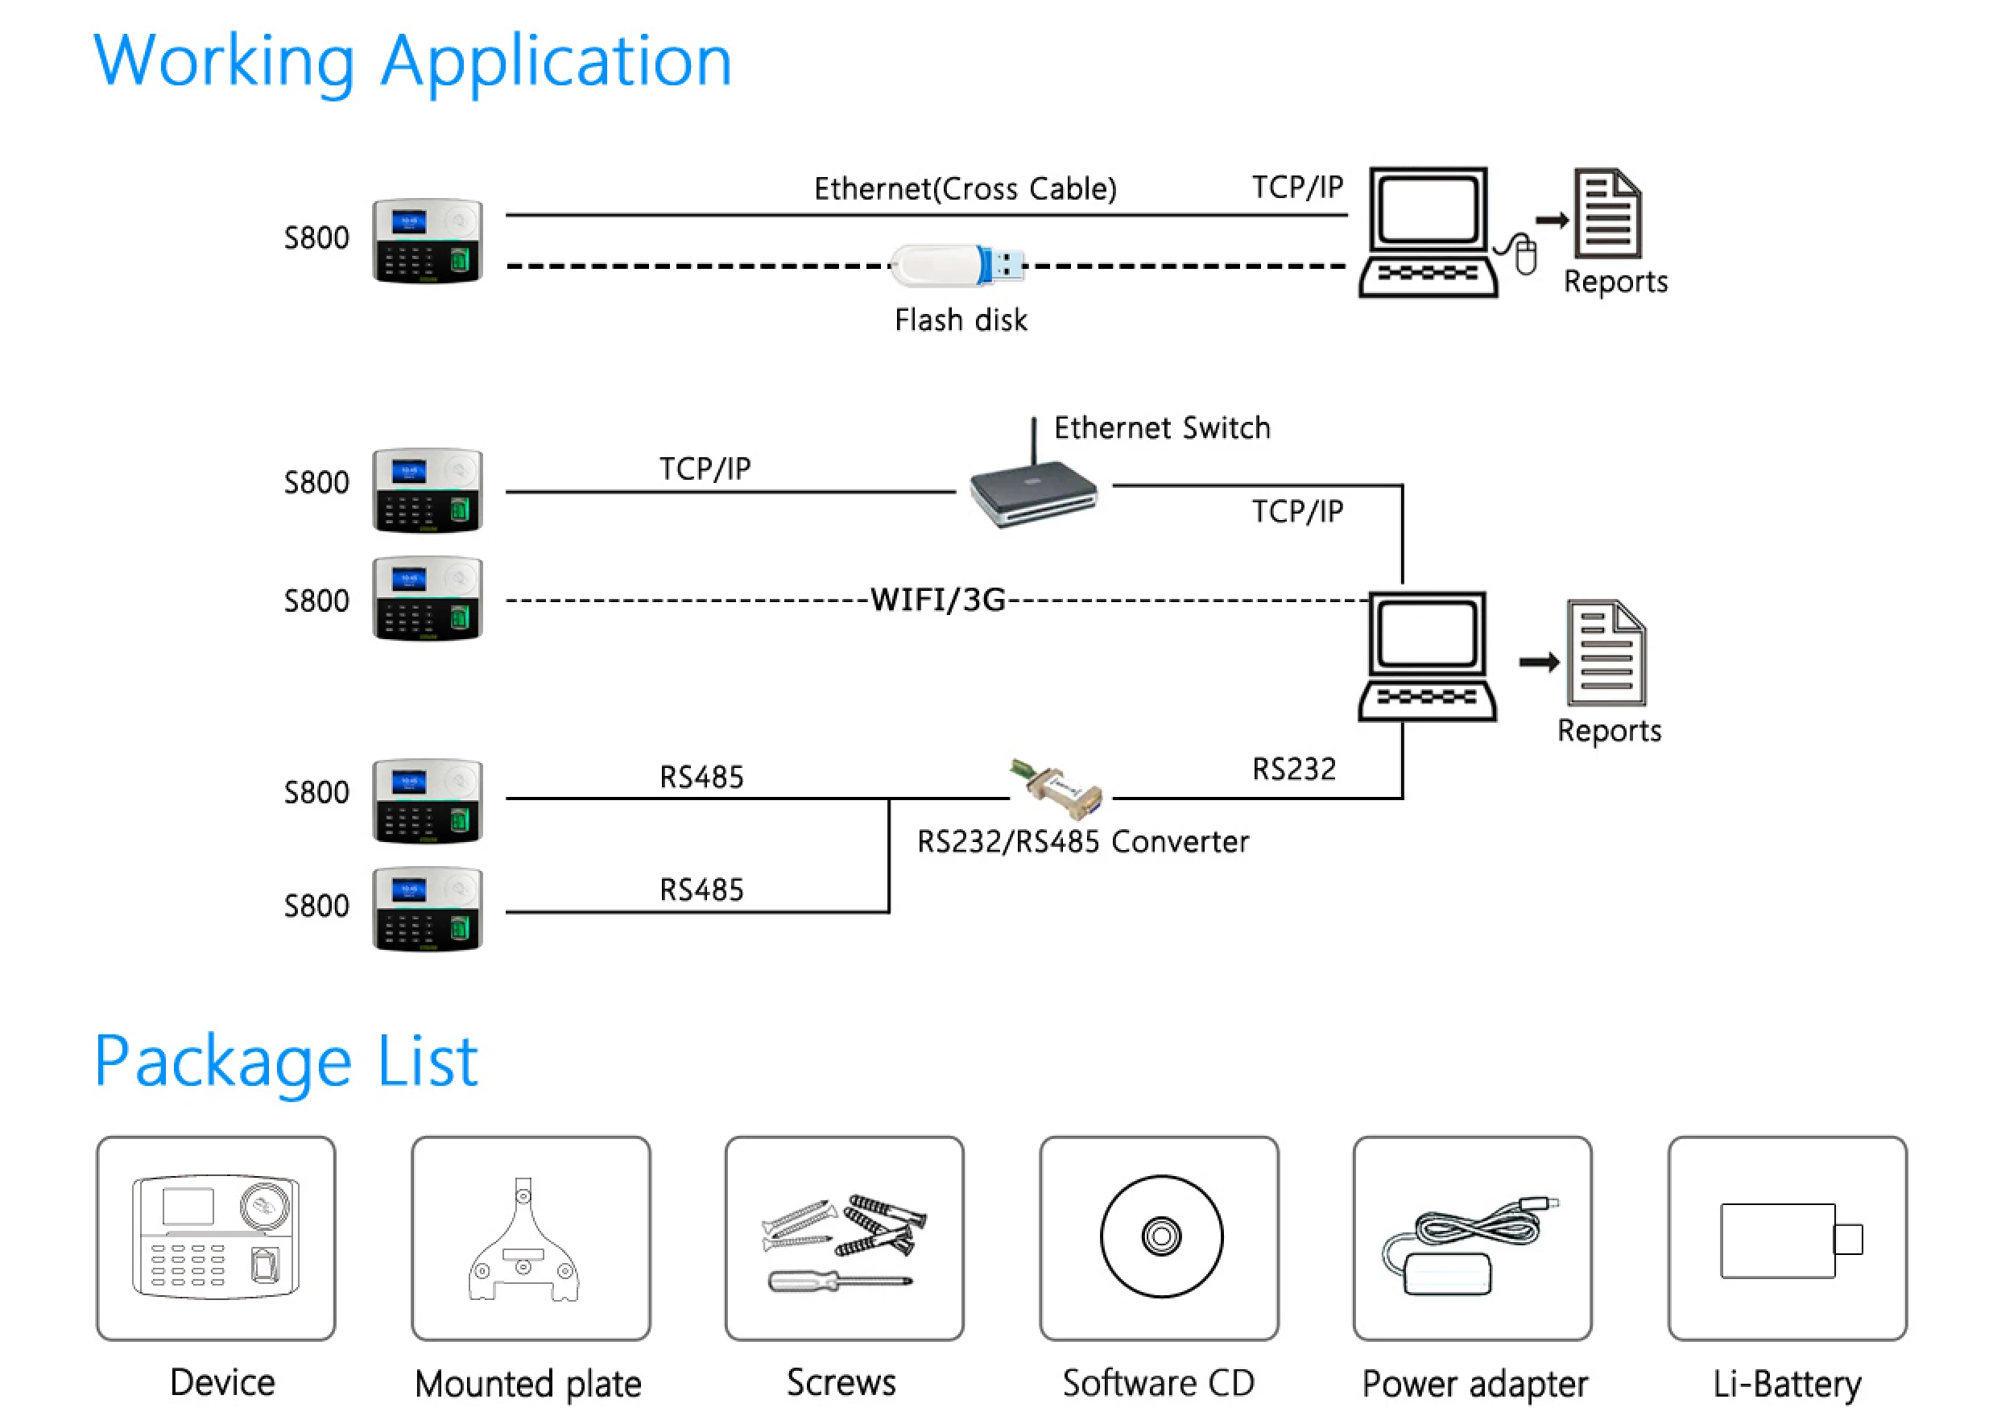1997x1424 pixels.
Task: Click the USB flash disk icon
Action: pos(956,265)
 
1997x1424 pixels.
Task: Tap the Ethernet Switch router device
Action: pos(1033,493)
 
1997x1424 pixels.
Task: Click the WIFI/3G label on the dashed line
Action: pos(936,601)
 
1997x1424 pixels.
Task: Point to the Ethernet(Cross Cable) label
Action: pos(965,189)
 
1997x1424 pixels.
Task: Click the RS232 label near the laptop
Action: pos(1293,770)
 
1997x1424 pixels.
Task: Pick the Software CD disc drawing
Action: pos(1160,1236)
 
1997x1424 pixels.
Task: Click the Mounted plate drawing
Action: pos(523,1245)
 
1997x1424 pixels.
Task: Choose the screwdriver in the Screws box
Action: pos(839,1282)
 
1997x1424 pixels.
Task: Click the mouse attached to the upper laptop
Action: pos(1526,255)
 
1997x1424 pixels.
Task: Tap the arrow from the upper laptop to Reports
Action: pos(1552,220)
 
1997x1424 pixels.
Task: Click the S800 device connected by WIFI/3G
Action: pos(427,599)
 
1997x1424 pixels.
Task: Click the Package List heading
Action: pos(286,1063)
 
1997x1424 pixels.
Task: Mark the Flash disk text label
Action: pos(961,321)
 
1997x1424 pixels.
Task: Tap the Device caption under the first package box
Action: pos(222,1383)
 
